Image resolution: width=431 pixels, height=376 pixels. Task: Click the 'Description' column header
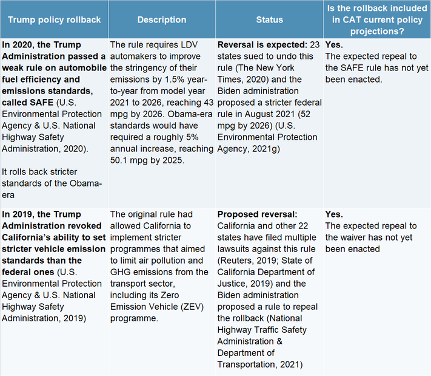click(161, 19)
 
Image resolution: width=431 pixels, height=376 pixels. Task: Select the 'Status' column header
click(270, 19)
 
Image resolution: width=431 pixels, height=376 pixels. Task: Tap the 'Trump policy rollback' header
click(55, 19)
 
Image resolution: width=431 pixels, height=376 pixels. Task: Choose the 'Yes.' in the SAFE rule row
click(334, 44)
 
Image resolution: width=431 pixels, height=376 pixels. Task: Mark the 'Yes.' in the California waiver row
click(334, 214)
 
